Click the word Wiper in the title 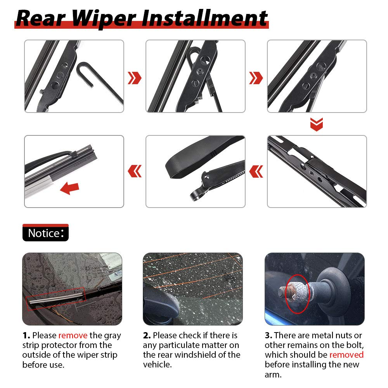(104, 19)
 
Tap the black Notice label (45, 232)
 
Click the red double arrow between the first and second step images (135, 78)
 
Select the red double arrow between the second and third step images (256, 78)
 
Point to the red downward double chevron (317, 124)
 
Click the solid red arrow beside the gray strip (69, 188)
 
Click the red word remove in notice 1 (73, 335)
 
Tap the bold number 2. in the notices (147, 335)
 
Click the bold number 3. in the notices (268, 335)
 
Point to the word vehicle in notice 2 (157, 364)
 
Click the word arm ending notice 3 (273, 375)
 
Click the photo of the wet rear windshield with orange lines (193, 289)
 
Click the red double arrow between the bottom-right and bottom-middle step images (256, 171)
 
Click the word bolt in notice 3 (355, 345)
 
